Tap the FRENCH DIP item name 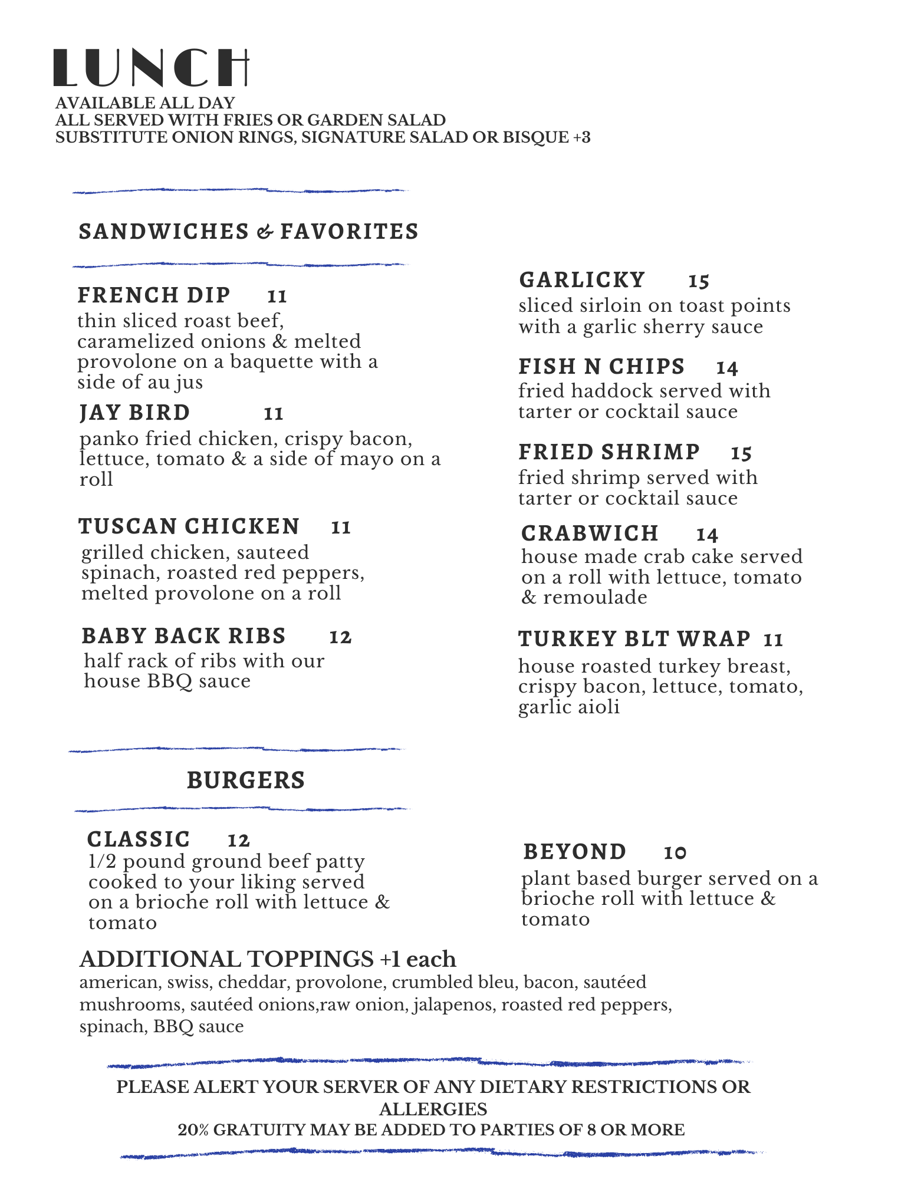tap(154, 295)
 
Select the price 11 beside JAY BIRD tap(274, 414)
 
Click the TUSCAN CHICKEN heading tap(189, 526)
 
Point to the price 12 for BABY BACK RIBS tap(340, 637)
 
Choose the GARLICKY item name tap(582, 280)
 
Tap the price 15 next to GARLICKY tap(699, 281)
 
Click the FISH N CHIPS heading tap(601, 367)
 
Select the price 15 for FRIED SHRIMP tap(741, 453)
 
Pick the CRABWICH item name tap(590, 533)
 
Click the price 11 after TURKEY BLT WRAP tap(773, 640)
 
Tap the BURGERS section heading tap(246, 780)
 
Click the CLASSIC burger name tap(139, 839)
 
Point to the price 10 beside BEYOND tap(675, 853)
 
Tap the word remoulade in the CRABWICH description tap(595, 598)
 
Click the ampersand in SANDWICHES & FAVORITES tap(265, 232)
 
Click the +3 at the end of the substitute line tap(581, 137)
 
